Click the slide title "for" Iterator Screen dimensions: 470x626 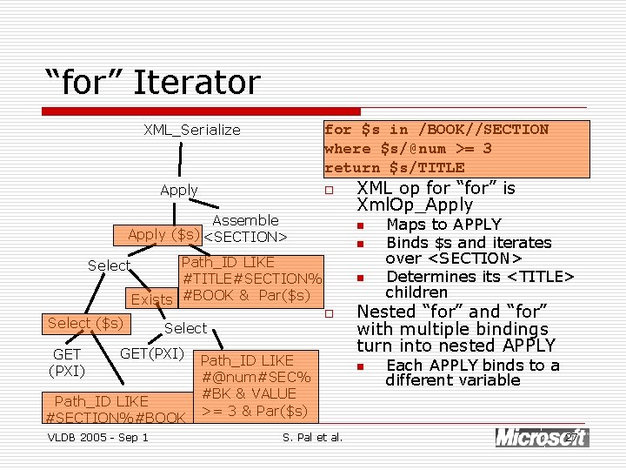point(153,83)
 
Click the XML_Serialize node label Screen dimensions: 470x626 point(192,131)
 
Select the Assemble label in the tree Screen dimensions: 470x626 point(245,220)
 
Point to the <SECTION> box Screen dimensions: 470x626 point(245,236)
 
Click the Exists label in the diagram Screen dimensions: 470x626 point(151,299)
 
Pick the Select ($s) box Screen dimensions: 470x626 point(84,324)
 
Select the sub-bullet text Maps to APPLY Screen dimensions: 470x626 point(443,225)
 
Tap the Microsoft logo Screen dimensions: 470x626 point(541,437)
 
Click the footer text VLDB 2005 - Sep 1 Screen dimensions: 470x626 point(97,437)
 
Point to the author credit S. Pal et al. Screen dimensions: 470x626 point(313,437)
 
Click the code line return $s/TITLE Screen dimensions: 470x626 point(394,167)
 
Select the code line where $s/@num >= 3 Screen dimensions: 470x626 point(408,148)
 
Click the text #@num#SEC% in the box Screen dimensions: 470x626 point(256,377)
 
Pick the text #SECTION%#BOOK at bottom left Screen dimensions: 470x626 point(115,418)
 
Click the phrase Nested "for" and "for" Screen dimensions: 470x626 point(452,312)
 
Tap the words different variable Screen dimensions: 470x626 point(453,380)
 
